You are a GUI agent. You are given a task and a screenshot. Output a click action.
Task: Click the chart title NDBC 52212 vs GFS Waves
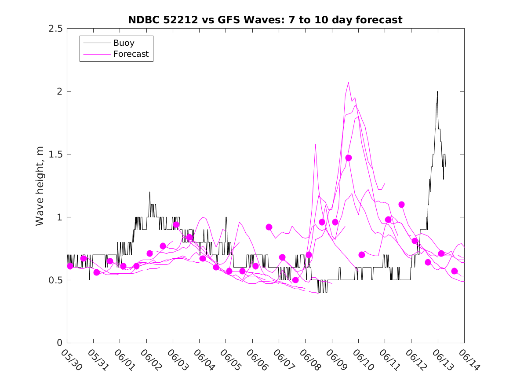point(265,20)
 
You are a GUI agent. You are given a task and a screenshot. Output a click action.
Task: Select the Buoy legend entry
point(124,43)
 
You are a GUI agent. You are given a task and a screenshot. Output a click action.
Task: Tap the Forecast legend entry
point(131,54)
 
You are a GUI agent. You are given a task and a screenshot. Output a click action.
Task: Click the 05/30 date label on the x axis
point(72,359)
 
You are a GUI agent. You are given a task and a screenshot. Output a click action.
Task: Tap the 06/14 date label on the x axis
point(469,359)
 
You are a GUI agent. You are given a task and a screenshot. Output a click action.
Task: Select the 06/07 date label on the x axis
point(284,359)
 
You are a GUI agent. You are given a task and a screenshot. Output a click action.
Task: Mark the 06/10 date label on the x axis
point(363,359)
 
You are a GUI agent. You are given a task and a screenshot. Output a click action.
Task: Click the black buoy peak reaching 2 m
point(437,92)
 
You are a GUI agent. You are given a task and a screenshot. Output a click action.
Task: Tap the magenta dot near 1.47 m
point(349,158)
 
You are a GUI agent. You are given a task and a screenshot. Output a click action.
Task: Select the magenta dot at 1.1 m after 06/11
point(401,205)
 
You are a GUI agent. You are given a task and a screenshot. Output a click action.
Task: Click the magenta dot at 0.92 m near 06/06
point(269,227)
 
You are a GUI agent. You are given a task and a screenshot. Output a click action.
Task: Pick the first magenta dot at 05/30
point(70,266)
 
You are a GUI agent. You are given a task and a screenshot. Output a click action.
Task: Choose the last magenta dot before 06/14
point(455,271)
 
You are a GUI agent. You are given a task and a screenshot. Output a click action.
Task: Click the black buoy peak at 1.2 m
point(149,192)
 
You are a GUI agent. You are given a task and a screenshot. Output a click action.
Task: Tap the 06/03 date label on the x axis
point(178,359)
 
